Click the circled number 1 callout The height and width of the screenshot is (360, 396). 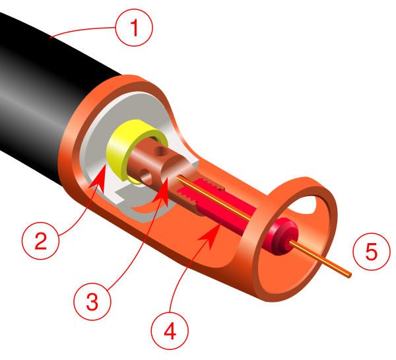[133, 29]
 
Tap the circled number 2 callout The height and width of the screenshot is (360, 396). [40, 240]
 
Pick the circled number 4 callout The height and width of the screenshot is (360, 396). [170, 330]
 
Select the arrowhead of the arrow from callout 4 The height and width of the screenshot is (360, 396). [213, 228]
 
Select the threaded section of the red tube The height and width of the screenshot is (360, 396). [198, 193]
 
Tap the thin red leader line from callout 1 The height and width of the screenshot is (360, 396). [79, 30]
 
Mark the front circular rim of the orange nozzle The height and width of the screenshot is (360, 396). [264, 277]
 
